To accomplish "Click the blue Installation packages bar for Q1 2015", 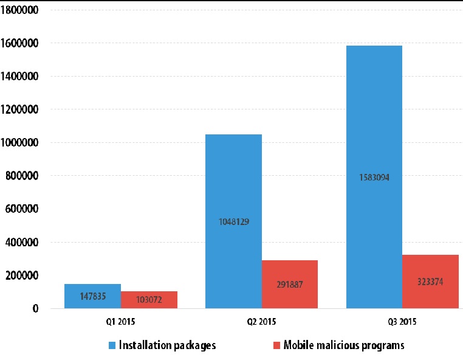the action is [92, 296].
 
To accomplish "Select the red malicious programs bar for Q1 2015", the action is [149, 300].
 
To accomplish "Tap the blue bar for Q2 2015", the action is [233, 221].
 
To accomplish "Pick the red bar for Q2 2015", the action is [290, 285].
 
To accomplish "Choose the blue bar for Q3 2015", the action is [374, 177].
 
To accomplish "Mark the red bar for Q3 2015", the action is [431, 282].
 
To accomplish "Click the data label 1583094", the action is [374, 178].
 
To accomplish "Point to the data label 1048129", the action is [234, 222].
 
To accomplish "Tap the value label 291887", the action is [290, 285].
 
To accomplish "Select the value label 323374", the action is [430, 282].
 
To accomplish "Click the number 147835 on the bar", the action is [93, 296].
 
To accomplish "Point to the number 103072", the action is [149, 300].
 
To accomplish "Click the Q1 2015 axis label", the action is [120, 322].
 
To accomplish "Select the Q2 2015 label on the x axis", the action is [261, 322].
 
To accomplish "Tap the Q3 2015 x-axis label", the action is [402, 322].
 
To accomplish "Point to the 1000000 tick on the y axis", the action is [19, 142].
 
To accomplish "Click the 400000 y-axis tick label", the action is [22, 243].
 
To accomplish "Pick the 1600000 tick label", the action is [19, 43].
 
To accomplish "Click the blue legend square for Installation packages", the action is [112, 345].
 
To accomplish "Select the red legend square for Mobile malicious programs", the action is [276, 345].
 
